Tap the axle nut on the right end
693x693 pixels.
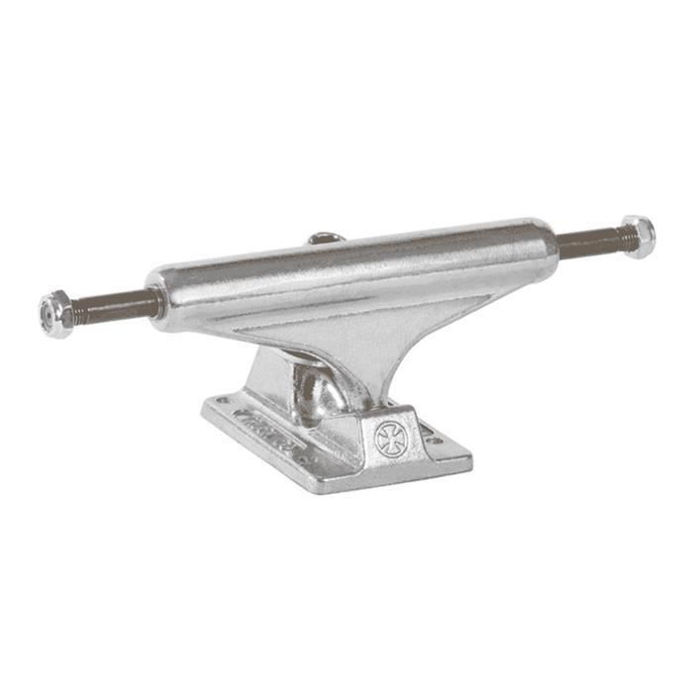click(x=638, y=237)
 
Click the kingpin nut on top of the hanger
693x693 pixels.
click(x=326, y=238)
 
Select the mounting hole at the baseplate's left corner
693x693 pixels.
click(x=220, y=402)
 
